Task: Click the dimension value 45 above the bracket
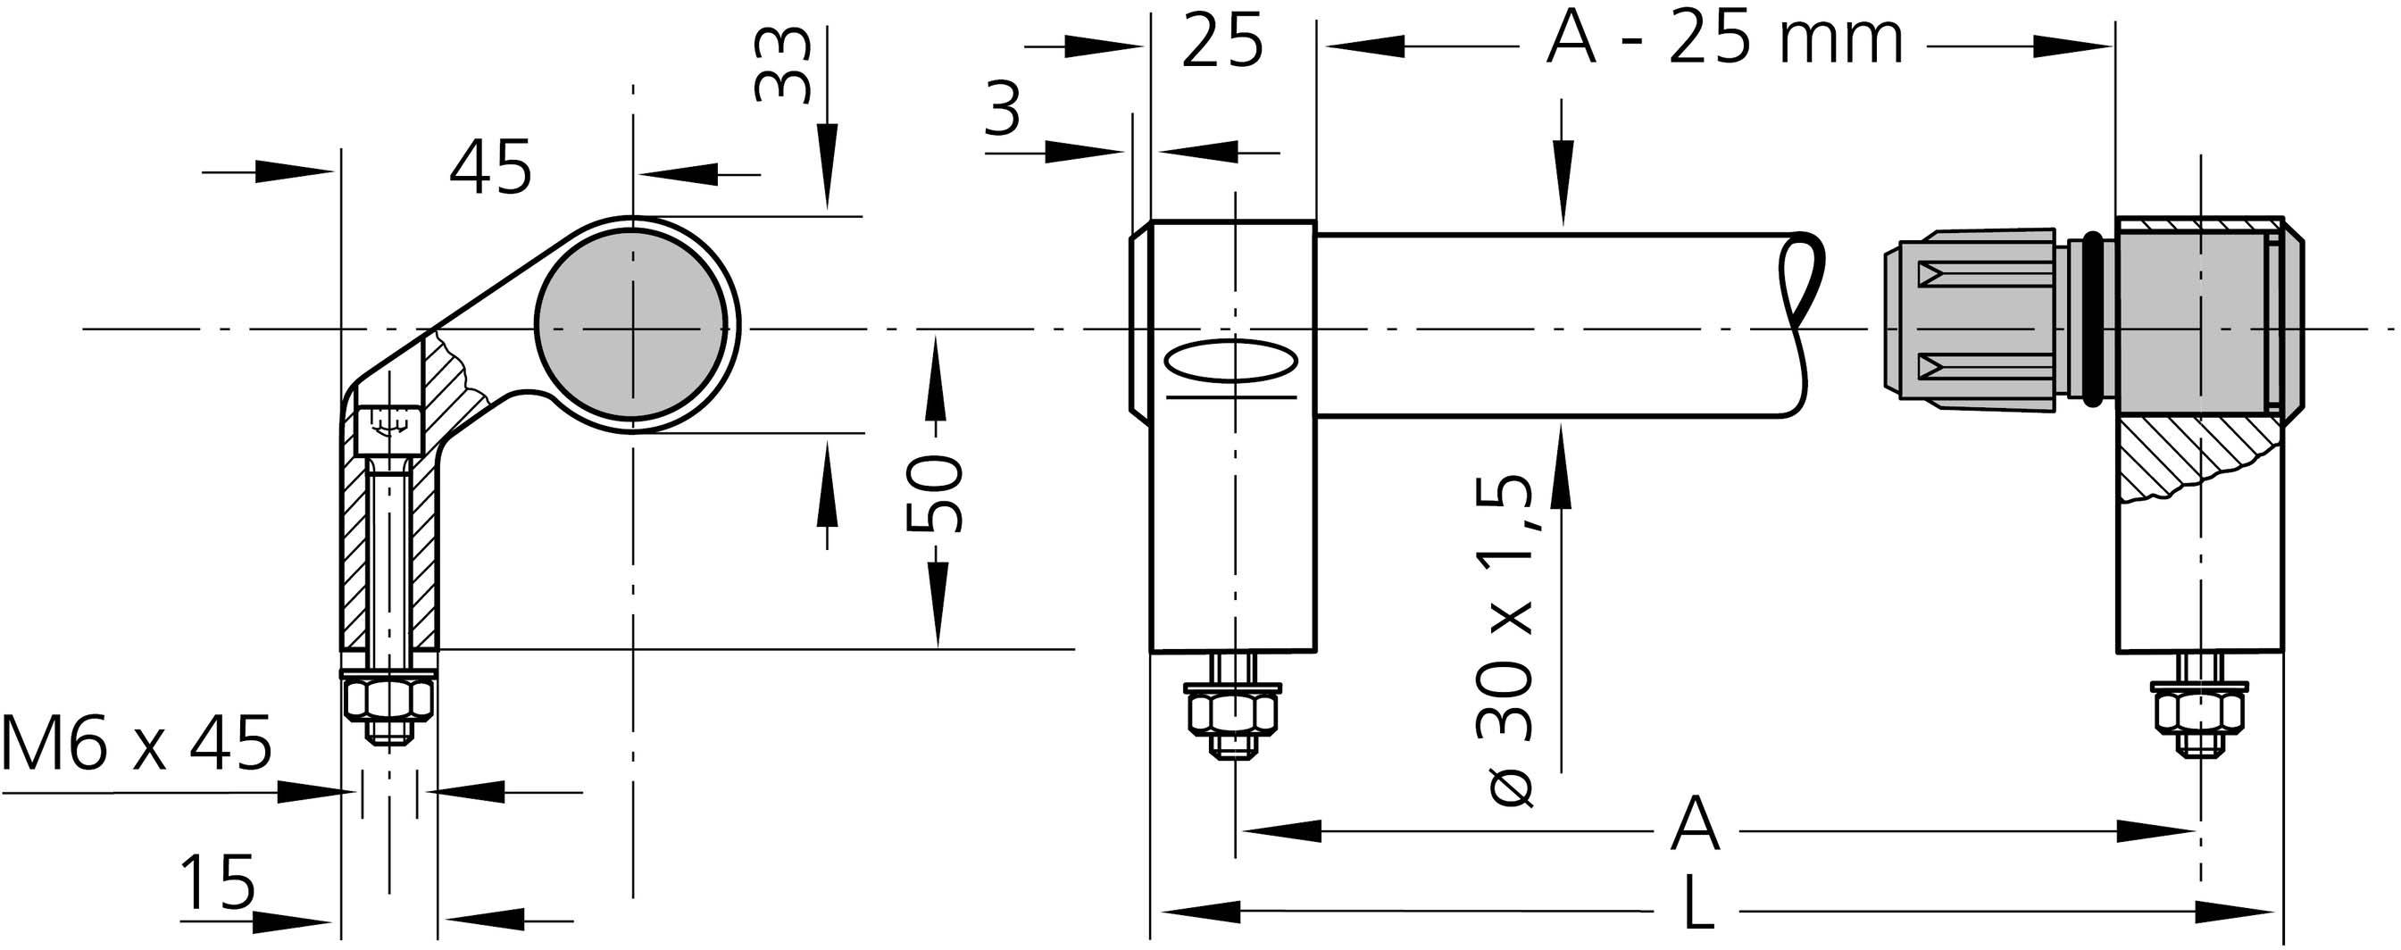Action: [490, 169]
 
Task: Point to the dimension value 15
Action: [216, 882]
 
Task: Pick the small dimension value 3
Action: [1003, 110]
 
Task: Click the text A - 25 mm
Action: [1724, 41]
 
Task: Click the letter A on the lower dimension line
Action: [1694, 825]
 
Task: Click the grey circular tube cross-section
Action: [632, 323]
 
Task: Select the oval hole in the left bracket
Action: [1232, 361]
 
